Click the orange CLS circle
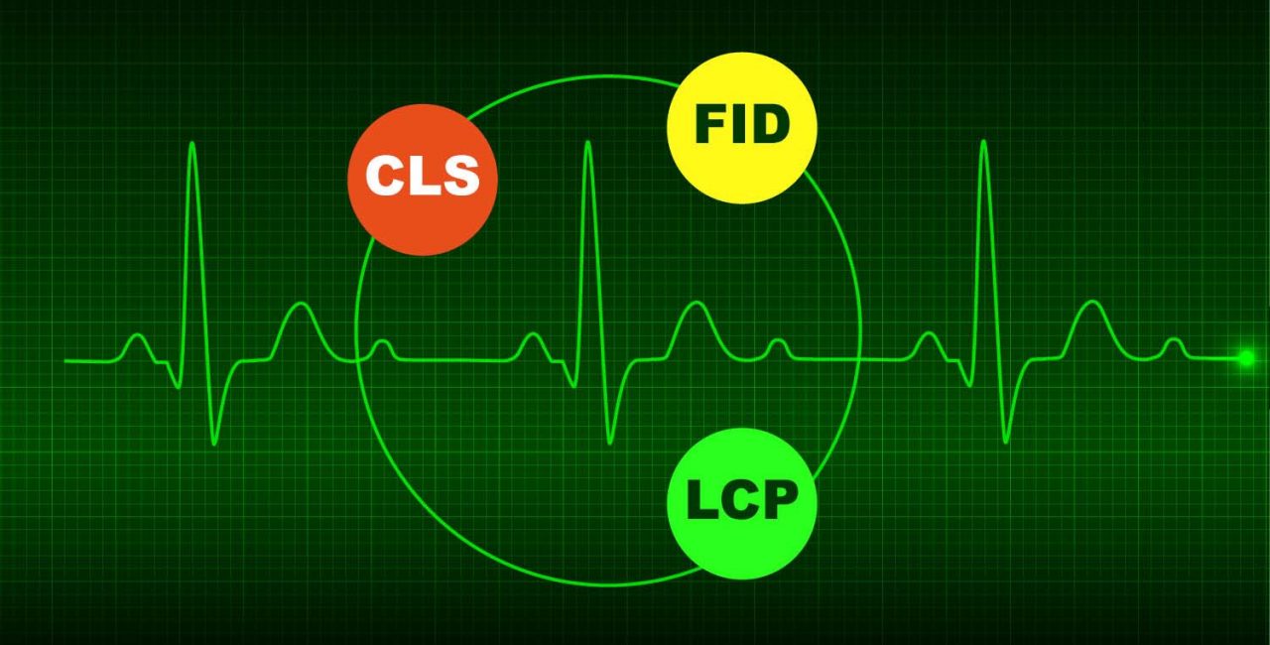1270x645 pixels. [422, 180]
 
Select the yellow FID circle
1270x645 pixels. [741, 127]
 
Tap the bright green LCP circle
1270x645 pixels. [741, 503]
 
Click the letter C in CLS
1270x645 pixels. [384, 177]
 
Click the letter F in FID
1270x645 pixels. [708, 125]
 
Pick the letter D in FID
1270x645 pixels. [771, 125]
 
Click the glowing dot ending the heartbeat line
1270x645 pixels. [1246, 358]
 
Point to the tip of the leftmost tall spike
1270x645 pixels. [191, 145]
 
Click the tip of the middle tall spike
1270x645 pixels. [587, 144]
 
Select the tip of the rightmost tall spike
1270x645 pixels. [983, 143]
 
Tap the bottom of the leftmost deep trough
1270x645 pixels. [214, 443]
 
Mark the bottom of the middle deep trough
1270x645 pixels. [610, 442]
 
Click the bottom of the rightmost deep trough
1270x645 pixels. [1006, 442]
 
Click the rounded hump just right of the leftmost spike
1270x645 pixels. [299, 307]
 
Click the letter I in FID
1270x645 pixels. [740, 125]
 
